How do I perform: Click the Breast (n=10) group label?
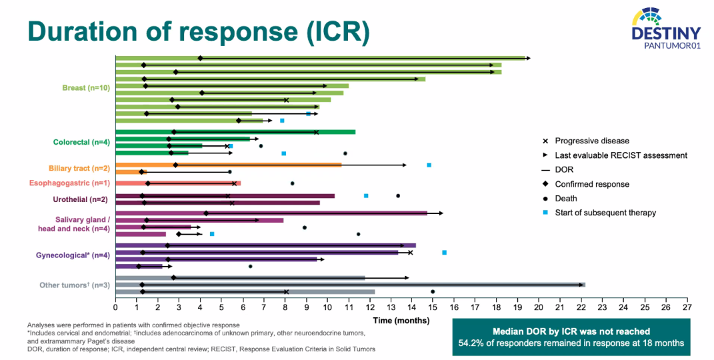click(87, 87)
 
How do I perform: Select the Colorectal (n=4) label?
click(81, 142)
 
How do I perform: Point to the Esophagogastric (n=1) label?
click(69, 183)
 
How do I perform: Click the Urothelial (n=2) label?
click(81, 199)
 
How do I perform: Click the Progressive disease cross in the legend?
click(545, 141)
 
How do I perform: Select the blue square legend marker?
click(545, 213)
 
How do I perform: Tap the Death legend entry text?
click(566, 198)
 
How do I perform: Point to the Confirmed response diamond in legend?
click(545, 184)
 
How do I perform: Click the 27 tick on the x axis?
click(687, 307)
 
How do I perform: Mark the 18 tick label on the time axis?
click(496, 307)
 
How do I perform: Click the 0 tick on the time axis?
click(115, 307)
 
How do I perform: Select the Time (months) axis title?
click(401, 320)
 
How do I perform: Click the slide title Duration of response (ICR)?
click(197, 31)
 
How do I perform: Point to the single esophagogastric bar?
click(178, 183)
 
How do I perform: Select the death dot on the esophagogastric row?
click(292, 183)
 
